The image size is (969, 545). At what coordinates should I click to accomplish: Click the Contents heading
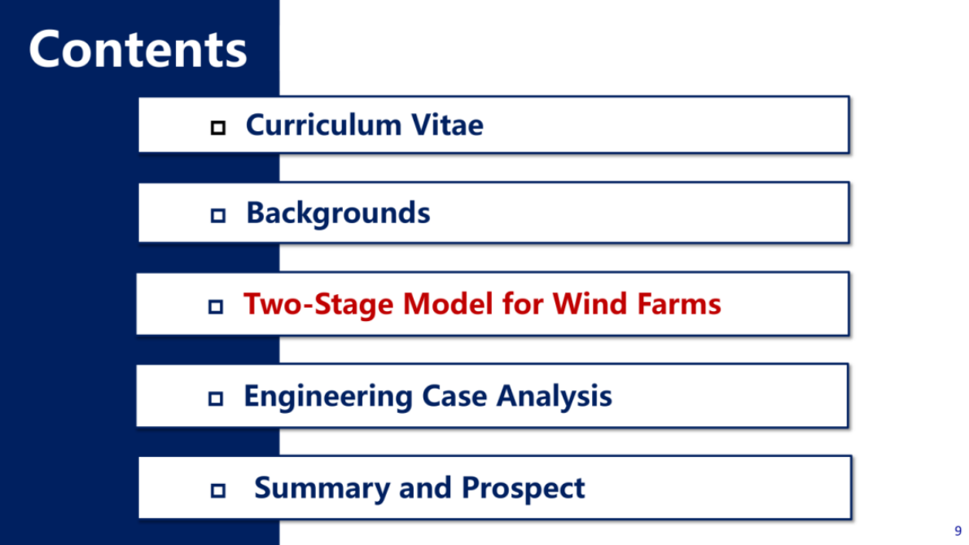point(138,50)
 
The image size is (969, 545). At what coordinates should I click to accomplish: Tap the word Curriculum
point(324,125)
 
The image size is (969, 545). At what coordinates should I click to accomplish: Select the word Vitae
point(447,125)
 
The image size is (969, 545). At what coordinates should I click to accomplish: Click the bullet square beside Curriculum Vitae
point(217,128)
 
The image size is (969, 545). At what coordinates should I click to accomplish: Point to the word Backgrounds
point(338,213)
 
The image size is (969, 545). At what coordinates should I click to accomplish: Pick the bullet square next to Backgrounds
point(217,216)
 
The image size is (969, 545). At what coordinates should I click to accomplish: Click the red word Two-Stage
point(318,304)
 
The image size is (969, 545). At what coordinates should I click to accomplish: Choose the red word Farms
point(678,303)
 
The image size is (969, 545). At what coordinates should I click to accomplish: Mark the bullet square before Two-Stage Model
point(215,306)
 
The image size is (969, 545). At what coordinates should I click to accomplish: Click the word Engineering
point(328,397)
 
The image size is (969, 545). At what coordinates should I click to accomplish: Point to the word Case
point(454,395)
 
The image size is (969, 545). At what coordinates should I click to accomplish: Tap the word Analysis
point(555,396)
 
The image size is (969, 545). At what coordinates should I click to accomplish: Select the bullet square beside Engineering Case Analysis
point(215,398)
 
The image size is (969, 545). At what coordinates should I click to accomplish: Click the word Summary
point(322,488)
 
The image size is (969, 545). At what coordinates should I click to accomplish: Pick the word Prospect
point(523,488)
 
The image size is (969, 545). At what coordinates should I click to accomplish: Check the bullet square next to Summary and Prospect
point(217,490)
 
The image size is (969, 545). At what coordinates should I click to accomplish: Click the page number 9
point(958,531)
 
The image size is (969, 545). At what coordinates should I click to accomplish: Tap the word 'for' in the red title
point(523,303)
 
